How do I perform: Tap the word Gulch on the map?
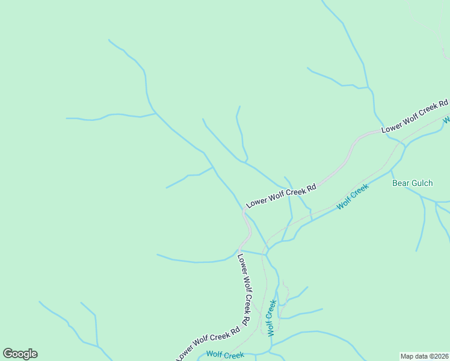pyautogui.click(x=421, y=183)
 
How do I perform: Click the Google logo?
pyautogui.click(x=20, y=354)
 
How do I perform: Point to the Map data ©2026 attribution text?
pyautogui.click(x=424, y=356)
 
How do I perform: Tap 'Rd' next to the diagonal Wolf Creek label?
pyautogui.click(x=310, y=188)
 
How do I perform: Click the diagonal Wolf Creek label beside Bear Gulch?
pyautogui.click(x=353, y=197)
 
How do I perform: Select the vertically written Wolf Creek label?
pyautogui.click(x=272, y=317)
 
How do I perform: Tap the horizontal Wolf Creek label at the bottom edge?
pyautogui.click(x=225, y=355)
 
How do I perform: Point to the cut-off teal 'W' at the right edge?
pyautogui.click(x=446, y=120)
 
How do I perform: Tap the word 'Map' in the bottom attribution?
pyautogui.click(x=407, y=356)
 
